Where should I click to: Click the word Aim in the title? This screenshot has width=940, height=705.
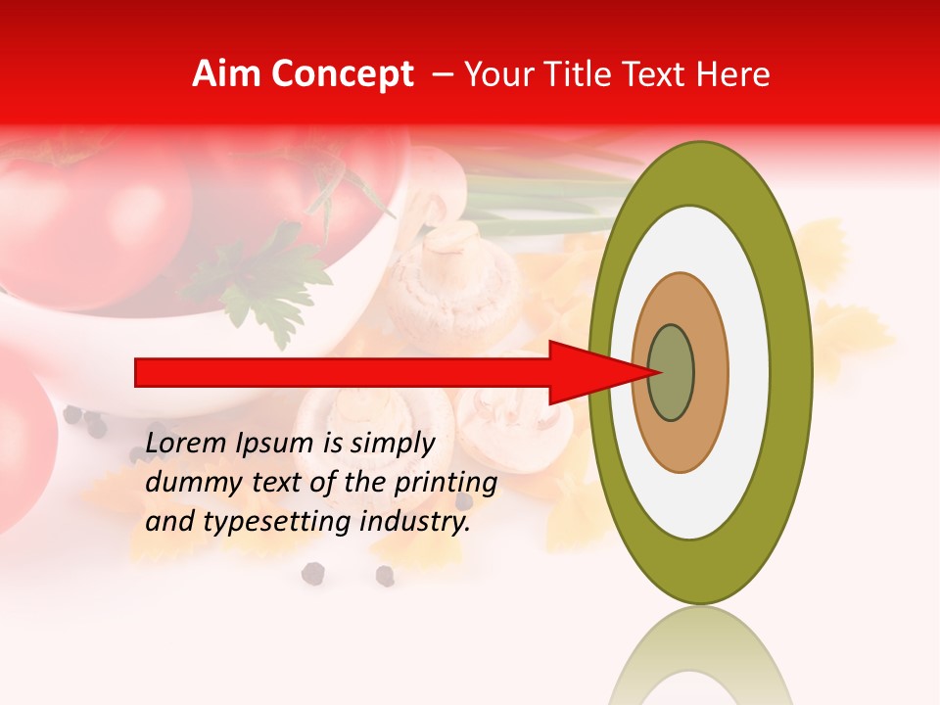(x=225, y=74)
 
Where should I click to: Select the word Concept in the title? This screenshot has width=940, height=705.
(x=341, y=74)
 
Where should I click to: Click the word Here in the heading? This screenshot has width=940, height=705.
(x=733, y=74)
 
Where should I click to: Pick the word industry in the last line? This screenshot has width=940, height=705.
(x=411, y=522)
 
